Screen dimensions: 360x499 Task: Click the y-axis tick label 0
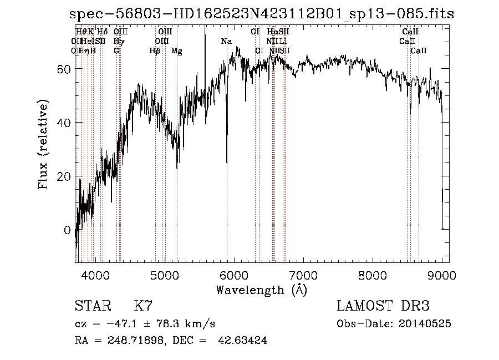67,230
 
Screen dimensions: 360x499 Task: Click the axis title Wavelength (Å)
261,290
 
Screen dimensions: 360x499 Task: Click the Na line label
226,42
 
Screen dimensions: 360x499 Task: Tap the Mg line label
177,51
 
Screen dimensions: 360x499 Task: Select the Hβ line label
155,51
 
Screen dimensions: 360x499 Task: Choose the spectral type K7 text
143,306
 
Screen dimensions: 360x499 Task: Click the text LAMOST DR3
383,306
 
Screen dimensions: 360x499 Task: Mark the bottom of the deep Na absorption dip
227,163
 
